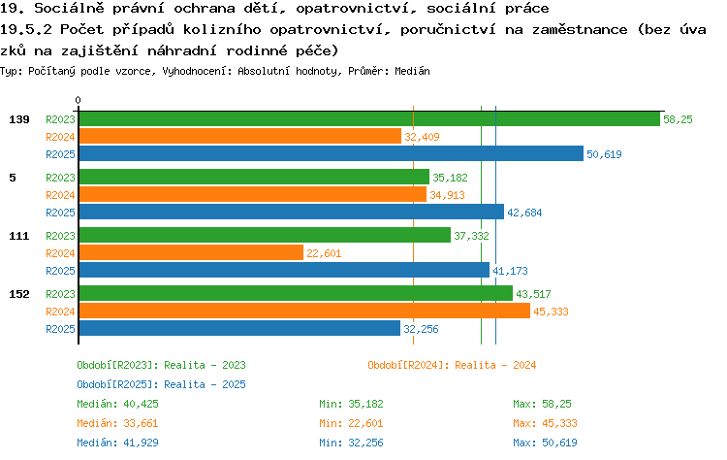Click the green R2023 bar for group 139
[x=369, y=118]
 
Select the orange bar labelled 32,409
[x=240, y=137]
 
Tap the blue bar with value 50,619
[x=332, y=153]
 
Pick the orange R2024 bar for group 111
[x=191, y=253]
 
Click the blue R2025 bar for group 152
[x=239, y=329]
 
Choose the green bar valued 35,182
[x=254, y=178]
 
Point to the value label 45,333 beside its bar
[x=551, y=312]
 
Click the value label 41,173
[x=510, y=271]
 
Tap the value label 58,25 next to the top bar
[x=678, y=119]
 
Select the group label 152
[x=19, y=294]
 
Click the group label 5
[x=13, y=178]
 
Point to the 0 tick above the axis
[x=78, y=100]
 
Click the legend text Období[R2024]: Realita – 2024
[x=452, y=365]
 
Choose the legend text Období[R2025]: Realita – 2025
[x=161, y=385]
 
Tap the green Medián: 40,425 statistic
[x=117, y=404]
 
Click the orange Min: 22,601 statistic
[x=351, y=423]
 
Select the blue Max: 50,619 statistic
[x=545, y=443]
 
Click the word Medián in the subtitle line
[x=412, y=71]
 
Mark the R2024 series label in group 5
[x=60, y=195]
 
